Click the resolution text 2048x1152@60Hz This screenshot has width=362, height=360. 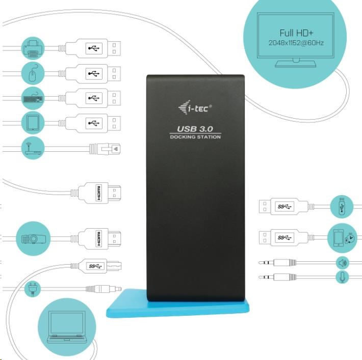point(296,43)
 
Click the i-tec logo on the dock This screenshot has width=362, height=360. point(196,107)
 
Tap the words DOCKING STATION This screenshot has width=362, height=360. point(195,137)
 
